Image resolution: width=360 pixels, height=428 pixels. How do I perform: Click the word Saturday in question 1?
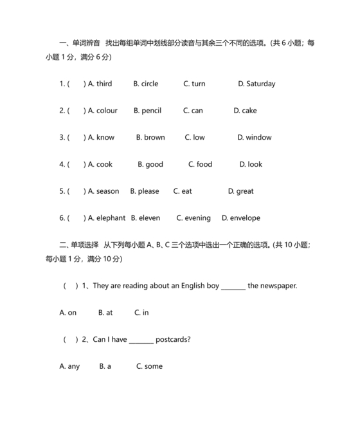(x=260, y=84)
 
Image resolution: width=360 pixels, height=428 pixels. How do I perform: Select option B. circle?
(x=145, y=84)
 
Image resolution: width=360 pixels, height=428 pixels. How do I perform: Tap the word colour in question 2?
(x=107, y=111)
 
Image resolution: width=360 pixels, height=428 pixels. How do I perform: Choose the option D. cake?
(x=245, y=111)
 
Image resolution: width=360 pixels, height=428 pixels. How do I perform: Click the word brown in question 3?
(x=154, y=137)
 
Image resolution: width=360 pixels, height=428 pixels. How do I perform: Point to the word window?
(x=258, y=137)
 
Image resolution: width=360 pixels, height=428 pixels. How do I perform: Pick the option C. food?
(x=200, y=164)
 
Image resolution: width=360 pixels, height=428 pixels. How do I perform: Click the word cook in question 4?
(x=104, y=164)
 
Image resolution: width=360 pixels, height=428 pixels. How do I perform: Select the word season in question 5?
(x=107, y=191)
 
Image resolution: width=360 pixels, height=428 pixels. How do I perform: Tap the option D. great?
(x=241, y=191)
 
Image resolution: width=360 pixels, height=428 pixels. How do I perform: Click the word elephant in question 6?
(x=111, y=218)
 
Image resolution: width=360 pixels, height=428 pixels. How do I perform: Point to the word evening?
(x=197, y=218)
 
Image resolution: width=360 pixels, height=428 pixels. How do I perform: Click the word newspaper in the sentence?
(x=278, y=286)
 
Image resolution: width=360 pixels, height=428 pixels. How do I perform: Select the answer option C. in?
(x=141, y=313)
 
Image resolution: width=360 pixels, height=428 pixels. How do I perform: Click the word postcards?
(x=173, y=339)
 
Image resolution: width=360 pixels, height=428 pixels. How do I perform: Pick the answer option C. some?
(x=149, y=366)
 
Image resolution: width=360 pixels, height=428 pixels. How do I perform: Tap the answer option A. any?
(x=69, y=366)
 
